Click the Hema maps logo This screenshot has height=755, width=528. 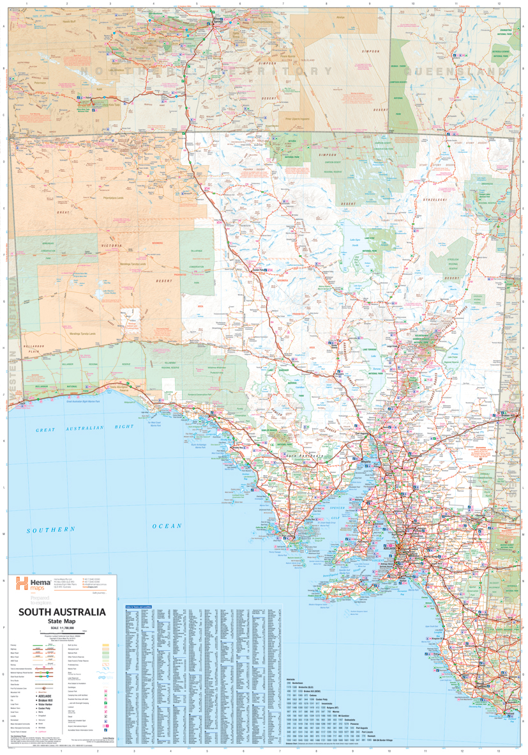point(35,583)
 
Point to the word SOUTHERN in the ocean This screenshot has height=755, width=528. point(50,530)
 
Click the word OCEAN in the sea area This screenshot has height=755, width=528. point(167,526)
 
